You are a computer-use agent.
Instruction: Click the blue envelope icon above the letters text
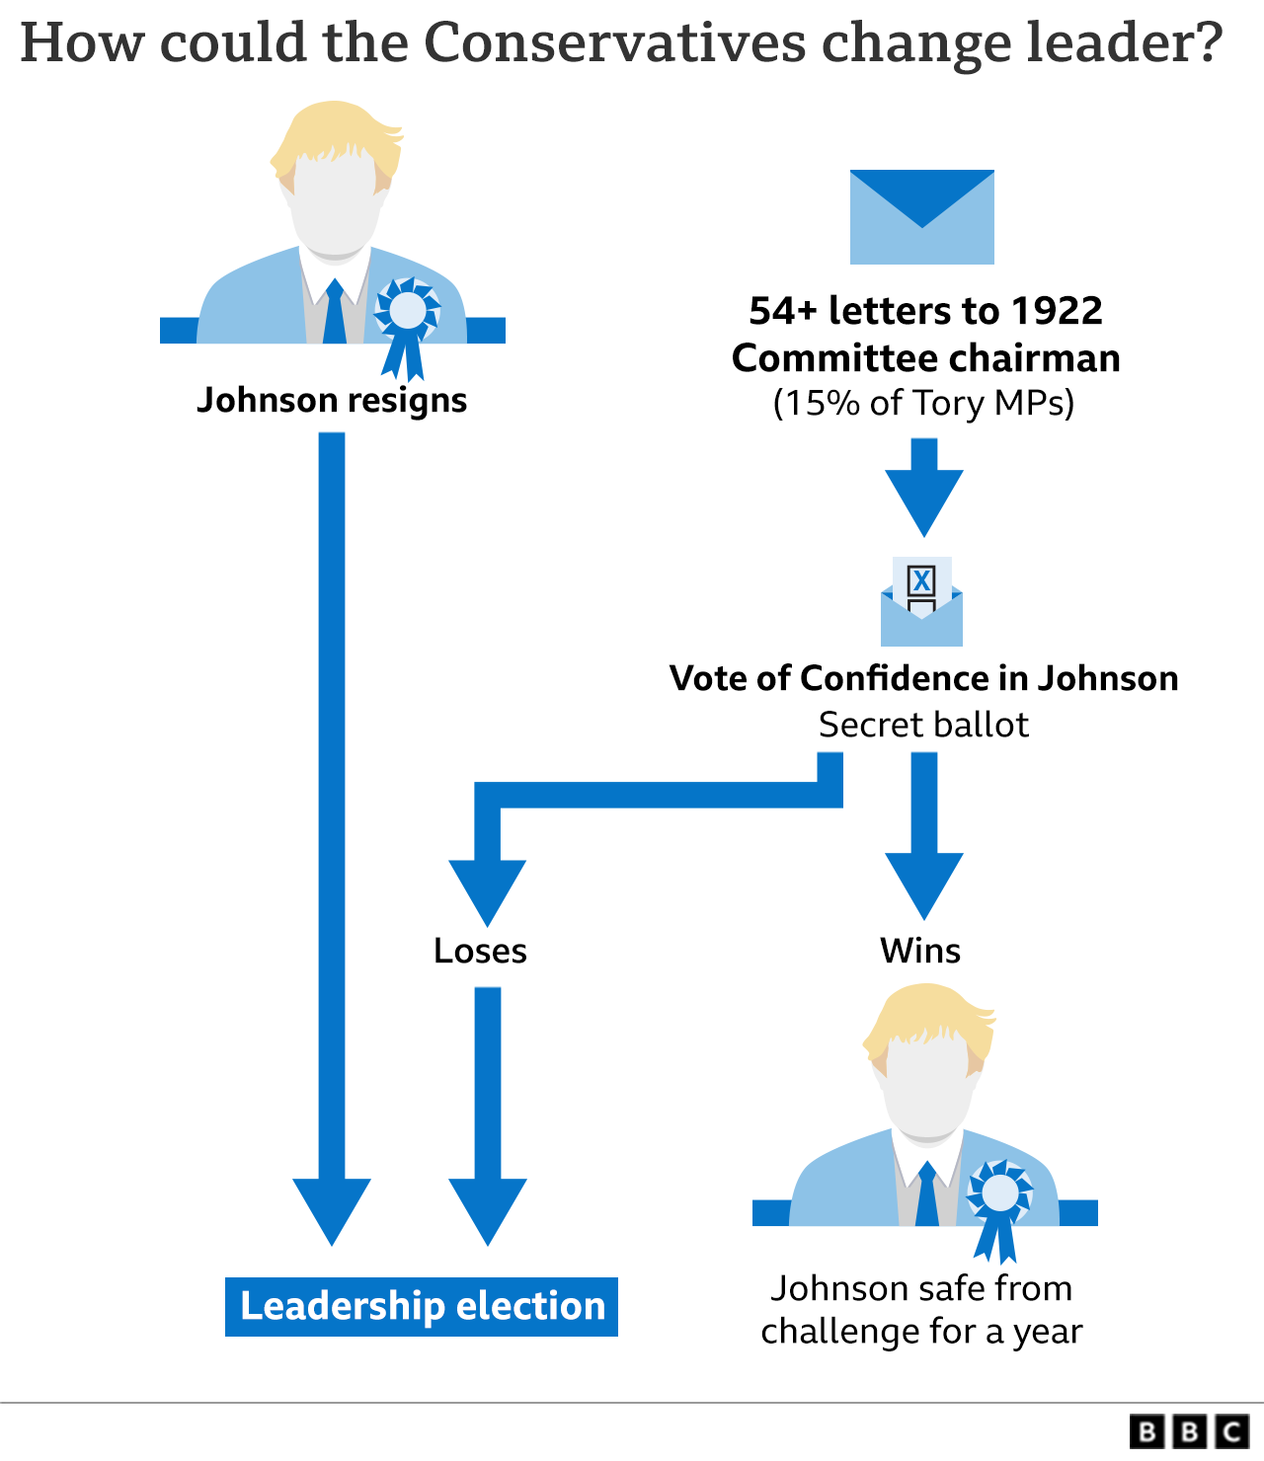[x=921, y=217]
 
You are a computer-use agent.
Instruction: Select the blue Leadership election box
[x=422, y=1306]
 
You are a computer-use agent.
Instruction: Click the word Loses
[x=480, y=951]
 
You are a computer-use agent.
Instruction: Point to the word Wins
[x=920, y=951]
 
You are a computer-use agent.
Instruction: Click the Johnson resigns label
[x=332, y=400]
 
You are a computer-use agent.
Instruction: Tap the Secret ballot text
[x=923, y=725]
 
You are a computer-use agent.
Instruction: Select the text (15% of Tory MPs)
[x=923, y=403]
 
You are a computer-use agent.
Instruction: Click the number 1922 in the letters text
[x=1056, y=311]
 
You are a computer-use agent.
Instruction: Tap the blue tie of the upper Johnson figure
[x=334, y=313]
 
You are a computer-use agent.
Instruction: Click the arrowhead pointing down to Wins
[x=923, y=884]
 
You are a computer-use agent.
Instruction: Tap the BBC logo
[x=1190, y=1431]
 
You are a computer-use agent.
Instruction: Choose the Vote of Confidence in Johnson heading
[x=923, y=678]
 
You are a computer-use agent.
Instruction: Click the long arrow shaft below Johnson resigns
[x=332, y=790]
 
